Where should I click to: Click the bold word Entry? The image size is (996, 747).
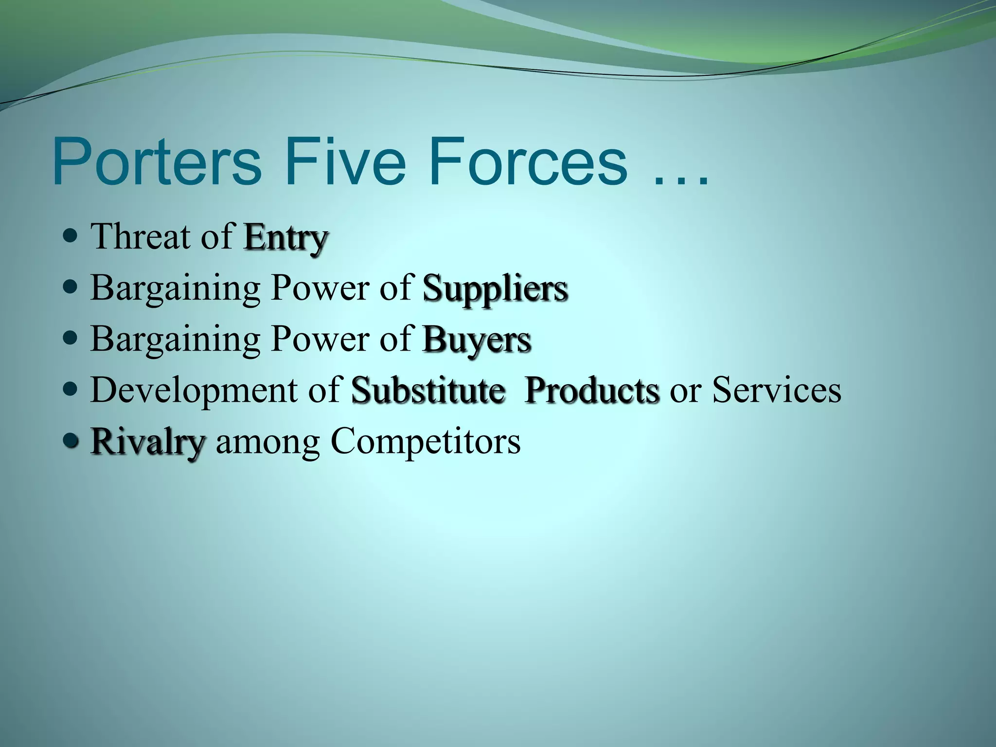(x=286, y=238)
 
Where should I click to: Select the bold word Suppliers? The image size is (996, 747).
(x=495, y=288)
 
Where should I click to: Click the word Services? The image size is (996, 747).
(x=777, y=390)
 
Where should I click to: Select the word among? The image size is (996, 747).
(x=267, y=443)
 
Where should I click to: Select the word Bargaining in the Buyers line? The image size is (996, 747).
(x=175, y=339)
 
